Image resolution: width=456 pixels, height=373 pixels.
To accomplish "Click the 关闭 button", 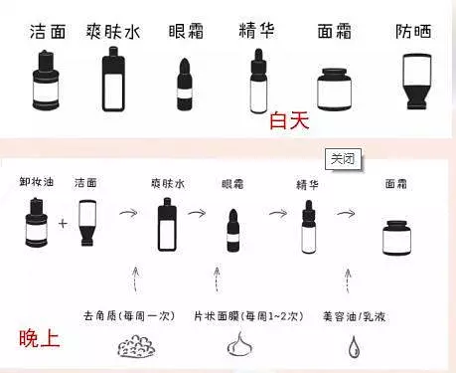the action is tap(343, 159).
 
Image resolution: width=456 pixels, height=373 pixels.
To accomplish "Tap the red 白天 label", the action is tap(289, 120).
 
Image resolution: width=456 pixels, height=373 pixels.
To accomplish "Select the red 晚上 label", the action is tap(40, 338).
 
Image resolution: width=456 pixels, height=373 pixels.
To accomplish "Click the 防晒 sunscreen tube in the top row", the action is tap(416, 82).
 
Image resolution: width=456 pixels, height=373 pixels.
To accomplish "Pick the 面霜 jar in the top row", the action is tap(334, 90).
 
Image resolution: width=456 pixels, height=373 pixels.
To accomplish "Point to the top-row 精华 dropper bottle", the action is tap(258, 82).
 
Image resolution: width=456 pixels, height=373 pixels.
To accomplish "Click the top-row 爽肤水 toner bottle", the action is tap(113, 79).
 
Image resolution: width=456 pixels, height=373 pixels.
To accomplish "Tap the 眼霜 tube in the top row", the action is tap(185, 85).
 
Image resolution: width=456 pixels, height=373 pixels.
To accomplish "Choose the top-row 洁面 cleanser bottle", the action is tap(46, 81).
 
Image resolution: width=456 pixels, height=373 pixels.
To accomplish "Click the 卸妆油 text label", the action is tap(36, 182).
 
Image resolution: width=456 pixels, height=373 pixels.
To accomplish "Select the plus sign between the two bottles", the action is tap(63, 224).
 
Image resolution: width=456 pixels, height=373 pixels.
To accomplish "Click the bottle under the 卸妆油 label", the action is tap(37, 223).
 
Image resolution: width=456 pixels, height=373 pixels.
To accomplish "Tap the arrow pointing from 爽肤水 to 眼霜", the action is tap(197, 213).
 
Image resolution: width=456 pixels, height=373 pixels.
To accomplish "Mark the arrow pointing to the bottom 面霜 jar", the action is tap(346, 213).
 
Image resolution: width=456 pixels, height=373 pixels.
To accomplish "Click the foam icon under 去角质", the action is tap(136, 346).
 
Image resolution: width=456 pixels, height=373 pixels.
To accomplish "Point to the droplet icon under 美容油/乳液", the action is tap(354, 347).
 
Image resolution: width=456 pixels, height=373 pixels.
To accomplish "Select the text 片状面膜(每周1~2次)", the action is tap(248, 316).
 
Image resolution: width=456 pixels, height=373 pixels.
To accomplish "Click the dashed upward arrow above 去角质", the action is tap(135, 280).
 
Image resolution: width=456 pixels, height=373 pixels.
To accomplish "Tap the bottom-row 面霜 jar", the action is tap(397, 238).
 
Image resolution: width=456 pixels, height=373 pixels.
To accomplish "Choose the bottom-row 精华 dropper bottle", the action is tap(309, 227).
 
